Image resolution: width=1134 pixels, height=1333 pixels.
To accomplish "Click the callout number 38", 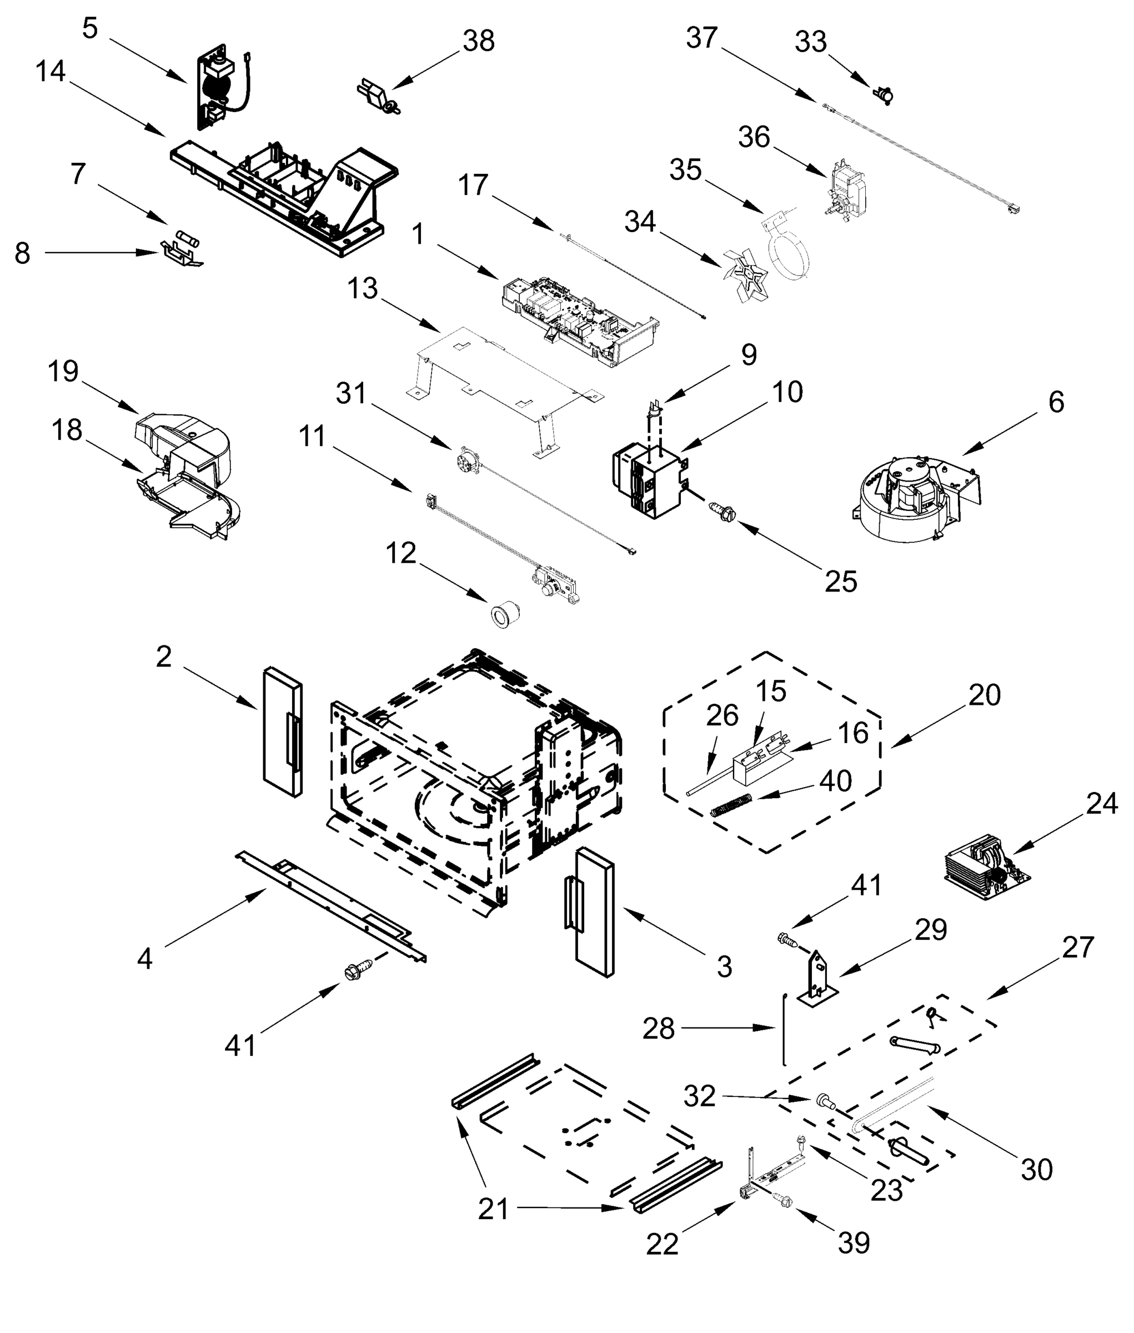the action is point(478,41).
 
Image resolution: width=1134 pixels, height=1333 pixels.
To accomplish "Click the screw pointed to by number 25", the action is point(720,509).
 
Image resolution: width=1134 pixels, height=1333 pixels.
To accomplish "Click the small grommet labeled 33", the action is point(885,95).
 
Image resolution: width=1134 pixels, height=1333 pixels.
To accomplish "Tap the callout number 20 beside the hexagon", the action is point(984,695).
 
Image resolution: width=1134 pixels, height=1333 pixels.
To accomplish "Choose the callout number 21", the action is point(493,1210).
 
